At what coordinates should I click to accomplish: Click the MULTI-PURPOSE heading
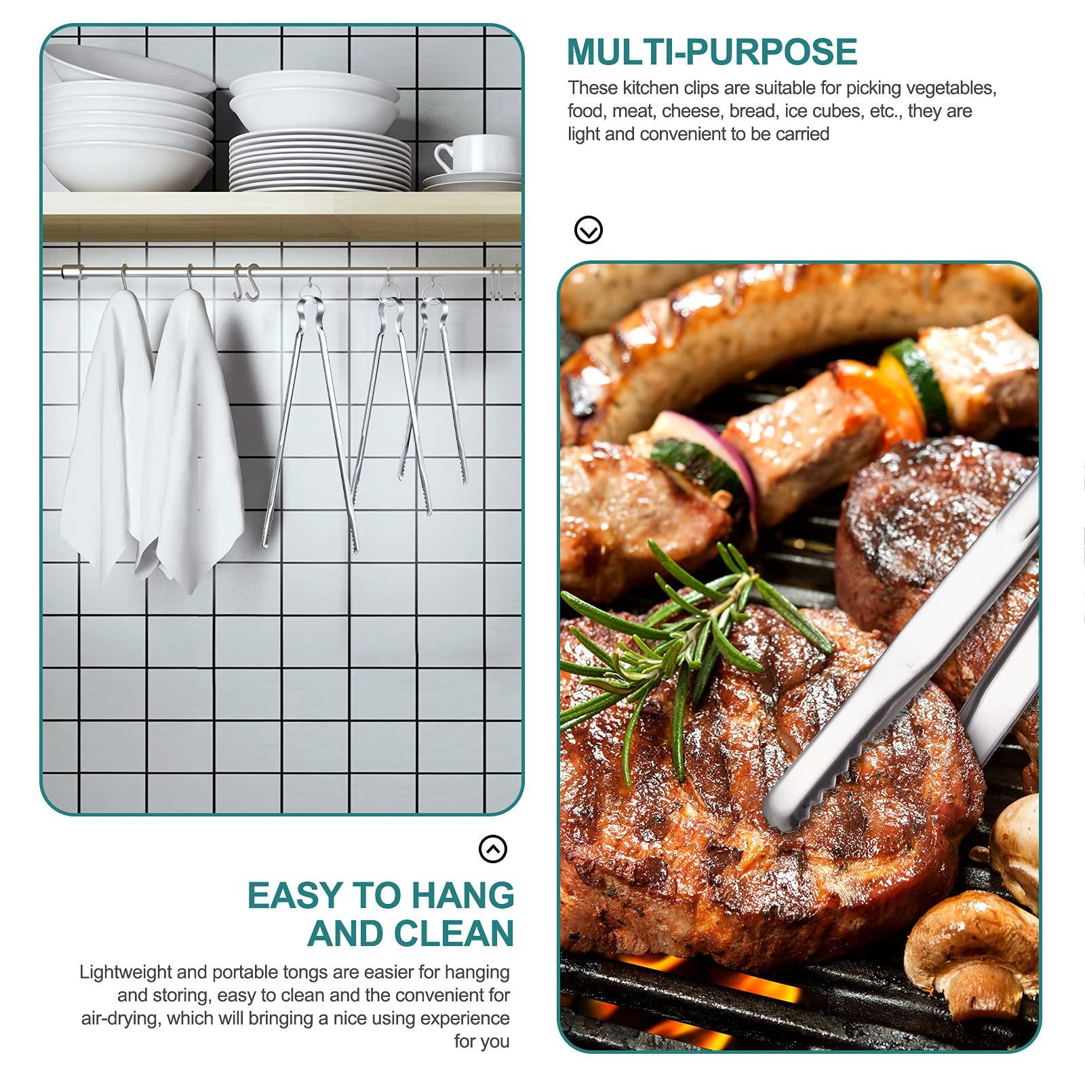point(712,52)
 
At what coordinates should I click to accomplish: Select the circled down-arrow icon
point(588,230)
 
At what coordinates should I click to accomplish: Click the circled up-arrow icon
point(493,848)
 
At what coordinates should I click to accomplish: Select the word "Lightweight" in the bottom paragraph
point(125,972)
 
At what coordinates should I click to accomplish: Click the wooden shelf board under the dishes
point(281,216)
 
